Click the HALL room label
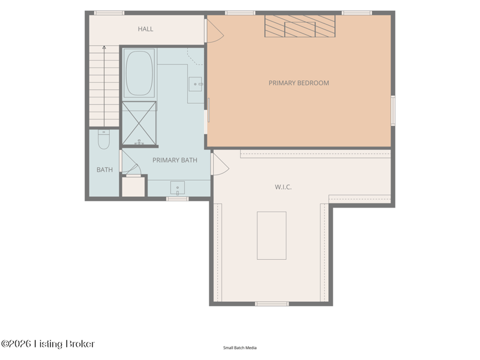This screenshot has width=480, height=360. point(145,29)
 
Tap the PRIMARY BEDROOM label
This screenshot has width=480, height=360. point(299,83)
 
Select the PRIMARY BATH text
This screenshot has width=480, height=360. point(175,160)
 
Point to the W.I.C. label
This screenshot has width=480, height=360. point(283,187)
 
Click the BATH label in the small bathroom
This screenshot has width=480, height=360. point(104,170)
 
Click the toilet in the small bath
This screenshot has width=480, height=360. point(104,140)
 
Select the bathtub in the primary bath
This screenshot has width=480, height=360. point(140,73)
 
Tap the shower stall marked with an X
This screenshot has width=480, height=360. point(139,123)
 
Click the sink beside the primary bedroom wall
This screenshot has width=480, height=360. point(196,84)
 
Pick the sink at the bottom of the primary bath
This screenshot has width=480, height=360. point(178,188)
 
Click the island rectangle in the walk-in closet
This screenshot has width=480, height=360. point(272,235)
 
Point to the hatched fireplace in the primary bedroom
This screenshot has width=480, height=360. point(300,26)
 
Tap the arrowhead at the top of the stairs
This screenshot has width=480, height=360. point(104,47)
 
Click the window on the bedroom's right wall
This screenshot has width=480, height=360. point(393,110)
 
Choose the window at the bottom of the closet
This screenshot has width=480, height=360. point(272,304)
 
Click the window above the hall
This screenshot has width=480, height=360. point(109,13)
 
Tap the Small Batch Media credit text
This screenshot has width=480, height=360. point(239,348)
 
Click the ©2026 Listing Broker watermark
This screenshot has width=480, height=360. point(48,344)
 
